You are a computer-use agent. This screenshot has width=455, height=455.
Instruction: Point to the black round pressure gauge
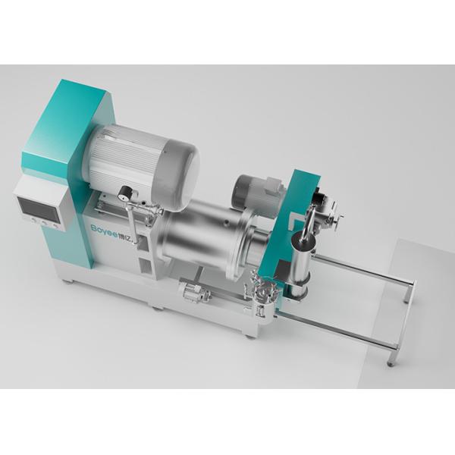pyautogui.click(x=124, y=193)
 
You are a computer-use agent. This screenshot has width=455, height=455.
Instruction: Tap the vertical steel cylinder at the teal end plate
pyautogui.click(x=301, y=265)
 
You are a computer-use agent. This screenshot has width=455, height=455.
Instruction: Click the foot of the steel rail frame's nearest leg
pyautogui.click(x=391, y=362)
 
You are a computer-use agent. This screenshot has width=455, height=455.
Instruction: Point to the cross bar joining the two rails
pyautogui.click(x=406, y=315)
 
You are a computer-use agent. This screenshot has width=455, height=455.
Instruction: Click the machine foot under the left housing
pyautogui.click(x=68, y=280)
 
